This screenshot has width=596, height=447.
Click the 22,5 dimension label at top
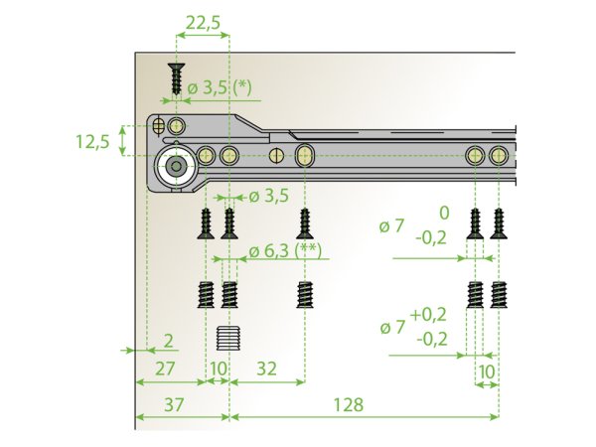203,21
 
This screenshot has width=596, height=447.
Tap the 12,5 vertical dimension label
92,141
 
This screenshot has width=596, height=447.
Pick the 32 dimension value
266,368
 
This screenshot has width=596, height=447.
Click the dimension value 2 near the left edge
168,341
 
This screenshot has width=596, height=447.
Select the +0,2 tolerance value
428,313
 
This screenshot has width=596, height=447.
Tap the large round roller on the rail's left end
177,167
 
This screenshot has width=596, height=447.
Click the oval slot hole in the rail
305,155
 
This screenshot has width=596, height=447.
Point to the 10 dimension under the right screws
486,370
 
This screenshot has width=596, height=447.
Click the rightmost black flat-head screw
499,223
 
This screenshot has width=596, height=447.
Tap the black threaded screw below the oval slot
305,295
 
